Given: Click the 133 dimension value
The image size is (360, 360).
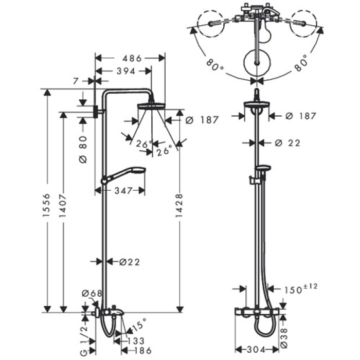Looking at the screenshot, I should click(x=136, y=340).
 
